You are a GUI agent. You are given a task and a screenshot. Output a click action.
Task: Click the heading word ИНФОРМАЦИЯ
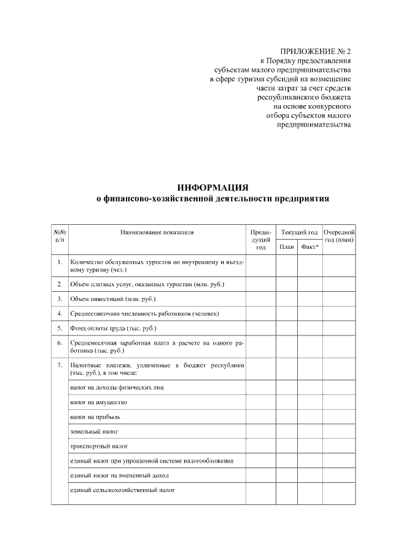click(212, 187)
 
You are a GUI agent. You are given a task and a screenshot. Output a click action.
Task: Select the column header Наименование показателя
click(157, 233)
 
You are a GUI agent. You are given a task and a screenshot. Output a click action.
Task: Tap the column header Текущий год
click(299, 233)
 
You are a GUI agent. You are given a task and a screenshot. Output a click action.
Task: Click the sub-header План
click(287, 247)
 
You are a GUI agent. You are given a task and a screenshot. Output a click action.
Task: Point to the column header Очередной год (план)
click(339, 237)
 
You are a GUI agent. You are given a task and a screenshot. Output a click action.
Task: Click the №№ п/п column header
click(60, 237)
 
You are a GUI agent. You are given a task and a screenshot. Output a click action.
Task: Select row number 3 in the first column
click(60, 299)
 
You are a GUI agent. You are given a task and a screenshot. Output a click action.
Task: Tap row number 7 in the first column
click(60, 366)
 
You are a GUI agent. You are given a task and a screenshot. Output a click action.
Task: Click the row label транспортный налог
click(98, 445)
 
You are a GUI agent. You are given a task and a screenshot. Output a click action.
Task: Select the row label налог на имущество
click(98, 402)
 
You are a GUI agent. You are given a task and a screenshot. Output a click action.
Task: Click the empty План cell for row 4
click(287, 314)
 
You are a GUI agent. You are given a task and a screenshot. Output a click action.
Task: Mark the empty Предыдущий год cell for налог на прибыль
click(261, 417)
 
